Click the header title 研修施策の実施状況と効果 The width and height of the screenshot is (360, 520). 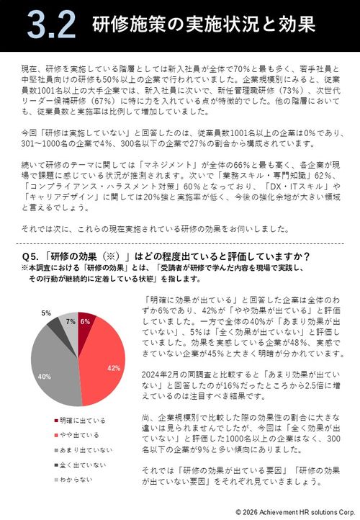coord(204,25)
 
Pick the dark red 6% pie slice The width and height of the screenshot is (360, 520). coord(84,323)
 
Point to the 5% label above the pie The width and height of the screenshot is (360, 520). coord(46,313)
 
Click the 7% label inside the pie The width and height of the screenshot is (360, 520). coord(71,320)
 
